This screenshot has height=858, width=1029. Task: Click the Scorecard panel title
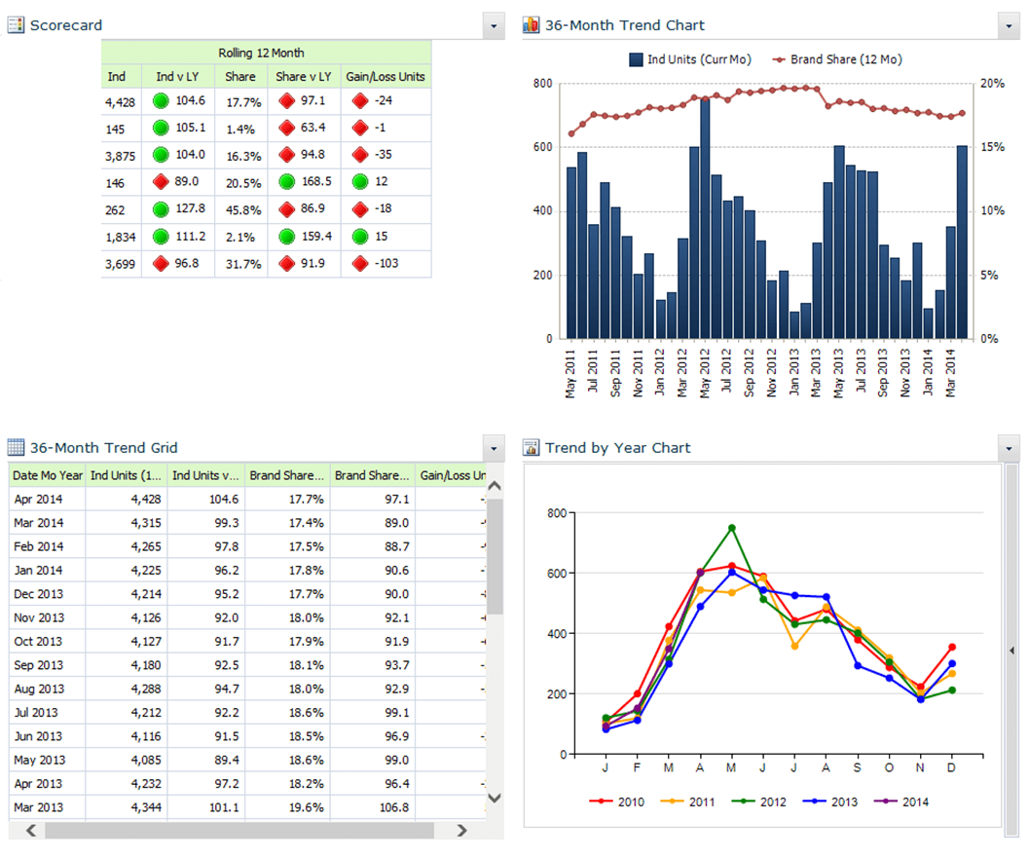coord(65,25)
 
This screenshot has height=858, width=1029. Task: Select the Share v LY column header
coord(304,77)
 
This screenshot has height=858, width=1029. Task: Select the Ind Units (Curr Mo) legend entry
coord(693,59)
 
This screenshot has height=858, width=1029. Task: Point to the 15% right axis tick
coord(992,147)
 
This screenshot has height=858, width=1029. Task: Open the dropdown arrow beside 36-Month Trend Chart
coord(1007,25)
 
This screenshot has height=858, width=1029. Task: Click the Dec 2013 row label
coord(39,594)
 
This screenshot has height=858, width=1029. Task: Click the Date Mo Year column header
coord(48,475)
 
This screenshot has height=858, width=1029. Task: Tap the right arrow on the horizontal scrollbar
coord(461,831)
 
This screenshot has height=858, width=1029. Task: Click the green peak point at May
coord(731,529)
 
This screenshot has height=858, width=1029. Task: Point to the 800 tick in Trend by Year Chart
coord(556,513)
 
